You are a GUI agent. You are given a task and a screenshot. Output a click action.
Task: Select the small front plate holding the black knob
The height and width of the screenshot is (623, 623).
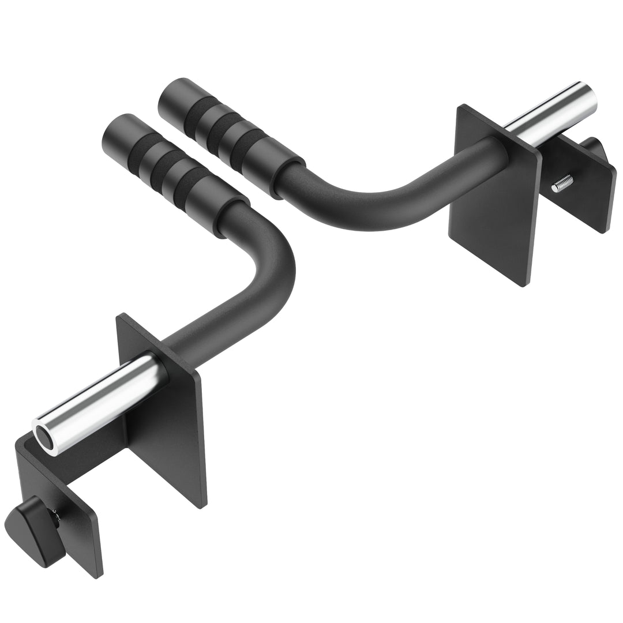tap(69, 519)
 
